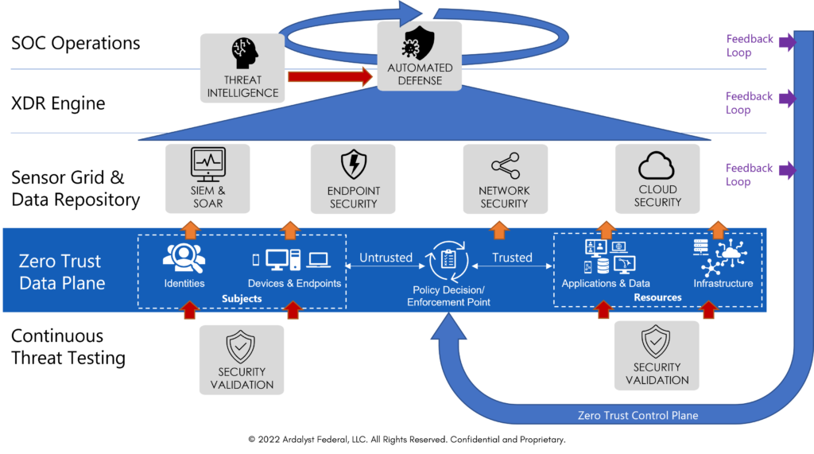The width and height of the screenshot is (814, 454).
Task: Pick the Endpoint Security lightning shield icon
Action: (x=354, y=165)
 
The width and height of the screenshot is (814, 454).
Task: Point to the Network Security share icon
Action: (x=504, y=165)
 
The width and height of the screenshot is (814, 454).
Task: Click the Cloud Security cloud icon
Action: (x=657, y=166)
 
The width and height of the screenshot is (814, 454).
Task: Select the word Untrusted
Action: (x=386, y=258)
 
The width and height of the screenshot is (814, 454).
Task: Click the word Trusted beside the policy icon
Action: (x=512, y=258)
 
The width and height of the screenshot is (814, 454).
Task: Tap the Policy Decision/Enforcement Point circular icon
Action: (x=448, y=260)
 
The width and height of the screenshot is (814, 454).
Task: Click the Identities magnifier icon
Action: (x=184, y=257)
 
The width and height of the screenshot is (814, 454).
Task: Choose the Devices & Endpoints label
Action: (x=294, y=283)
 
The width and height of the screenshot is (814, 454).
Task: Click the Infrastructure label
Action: (x=723, y=283)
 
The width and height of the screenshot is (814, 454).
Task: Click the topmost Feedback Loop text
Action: (x=749, y=45)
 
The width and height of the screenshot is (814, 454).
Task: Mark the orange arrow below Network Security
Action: (x=499, y=230)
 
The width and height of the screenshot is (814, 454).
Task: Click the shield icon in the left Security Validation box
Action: (x=242, y=346)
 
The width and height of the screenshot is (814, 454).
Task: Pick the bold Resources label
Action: (x=657, y=297)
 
